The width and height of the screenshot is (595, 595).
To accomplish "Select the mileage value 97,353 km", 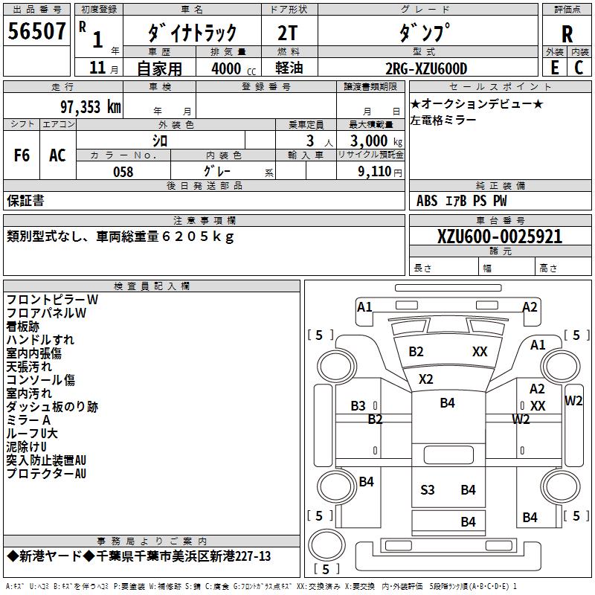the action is point(90,106).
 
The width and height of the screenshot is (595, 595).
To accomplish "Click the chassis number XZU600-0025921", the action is point(489,237).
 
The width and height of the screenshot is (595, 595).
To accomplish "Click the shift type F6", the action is point(22,155).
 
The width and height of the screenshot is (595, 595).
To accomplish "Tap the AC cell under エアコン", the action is point(57,155).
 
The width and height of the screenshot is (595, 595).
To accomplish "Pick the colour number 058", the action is point(123,172).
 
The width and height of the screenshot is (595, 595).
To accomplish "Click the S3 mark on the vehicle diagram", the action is point(428,489).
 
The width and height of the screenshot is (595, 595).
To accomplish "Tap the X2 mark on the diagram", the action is point(425,379).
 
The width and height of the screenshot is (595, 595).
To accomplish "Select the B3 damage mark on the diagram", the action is point(358,405).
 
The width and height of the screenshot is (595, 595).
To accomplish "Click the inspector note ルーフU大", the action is point(31,433).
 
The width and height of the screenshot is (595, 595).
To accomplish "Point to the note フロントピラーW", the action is point(51,299).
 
